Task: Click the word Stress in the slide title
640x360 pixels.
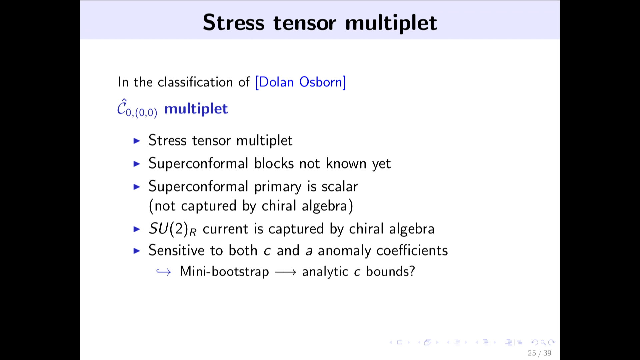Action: click(233, 23)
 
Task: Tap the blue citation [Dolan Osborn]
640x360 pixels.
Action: click(300, 82)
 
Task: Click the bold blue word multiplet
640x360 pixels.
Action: click(196, 109)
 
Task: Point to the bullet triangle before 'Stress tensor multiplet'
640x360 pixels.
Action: click(137, 141)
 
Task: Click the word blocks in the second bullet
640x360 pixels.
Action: click(274, 163)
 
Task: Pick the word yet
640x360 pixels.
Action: click(381, 164)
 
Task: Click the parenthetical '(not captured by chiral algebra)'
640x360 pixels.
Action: click(251, 206)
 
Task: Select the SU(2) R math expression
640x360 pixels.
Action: click(173, 229)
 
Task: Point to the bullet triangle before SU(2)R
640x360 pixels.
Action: click(137, 229)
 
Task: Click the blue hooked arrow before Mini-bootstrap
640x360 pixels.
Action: click(164, 272)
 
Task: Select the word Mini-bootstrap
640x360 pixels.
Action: click(224, 271)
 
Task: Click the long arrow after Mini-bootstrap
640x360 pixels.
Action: click(286, 272)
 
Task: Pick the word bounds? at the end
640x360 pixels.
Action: click(390, 271)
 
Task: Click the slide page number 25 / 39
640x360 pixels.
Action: click(539, 353)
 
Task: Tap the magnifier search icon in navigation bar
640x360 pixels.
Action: click(543, 342)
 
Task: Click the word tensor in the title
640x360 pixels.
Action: click(305, 23)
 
